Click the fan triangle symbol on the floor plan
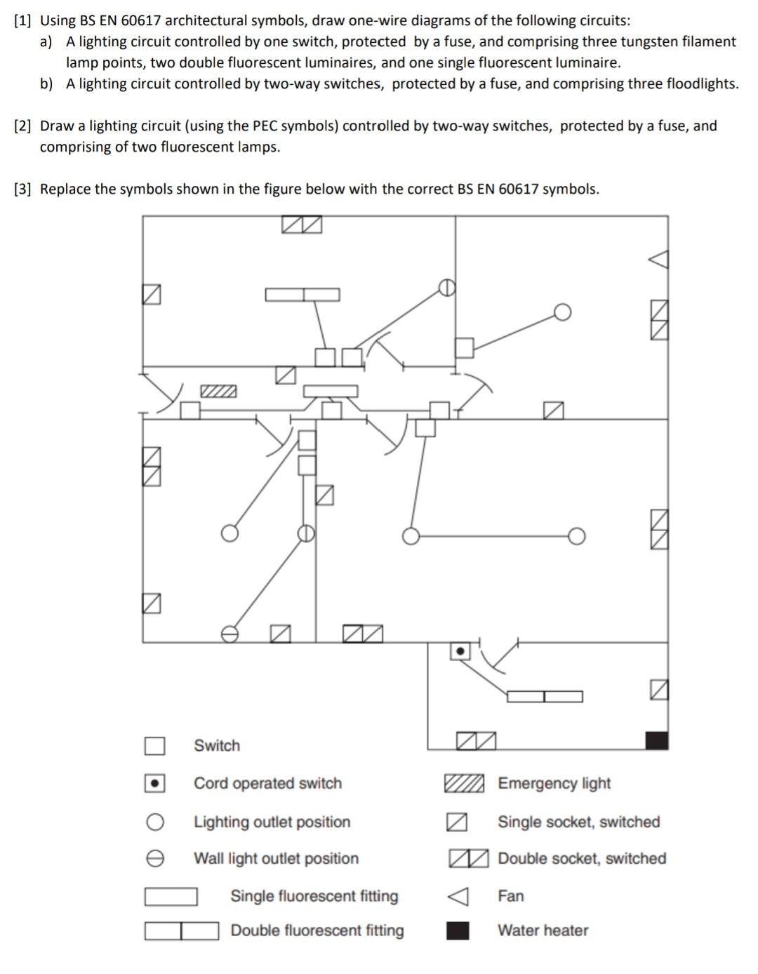(658, 259)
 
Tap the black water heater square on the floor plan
(656, 740)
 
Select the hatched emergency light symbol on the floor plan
(218, 391)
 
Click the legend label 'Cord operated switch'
(267, 783)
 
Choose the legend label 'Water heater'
(543, 930)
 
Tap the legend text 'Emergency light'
(554, 783)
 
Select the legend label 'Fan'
(510, 896)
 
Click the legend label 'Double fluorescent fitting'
(317, 930)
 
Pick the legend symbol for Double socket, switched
(468, 858)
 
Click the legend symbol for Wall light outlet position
(155, 859)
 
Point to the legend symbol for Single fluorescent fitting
(171, 897)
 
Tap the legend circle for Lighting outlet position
(155, 822)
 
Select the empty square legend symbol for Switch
(155, 746)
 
